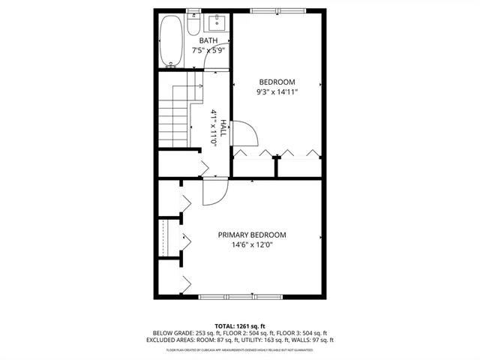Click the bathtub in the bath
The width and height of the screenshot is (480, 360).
[170, 41]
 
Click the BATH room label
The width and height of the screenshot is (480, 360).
[208, 40]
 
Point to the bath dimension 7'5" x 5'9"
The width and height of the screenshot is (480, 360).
[208, 50]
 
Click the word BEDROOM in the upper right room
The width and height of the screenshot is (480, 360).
[277, 82]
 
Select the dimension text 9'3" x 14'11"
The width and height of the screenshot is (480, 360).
[277, 92]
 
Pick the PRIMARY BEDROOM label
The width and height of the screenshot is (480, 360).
[251, 235]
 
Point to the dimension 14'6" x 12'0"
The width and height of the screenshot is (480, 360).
[251, 244]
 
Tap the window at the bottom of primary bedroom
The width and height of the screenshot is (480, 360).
[241, 297]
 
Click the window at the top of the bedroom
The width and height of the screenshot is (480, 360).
[273, 10]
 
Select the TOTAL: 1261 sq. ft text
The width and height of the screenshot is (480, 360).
[240, 325]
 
